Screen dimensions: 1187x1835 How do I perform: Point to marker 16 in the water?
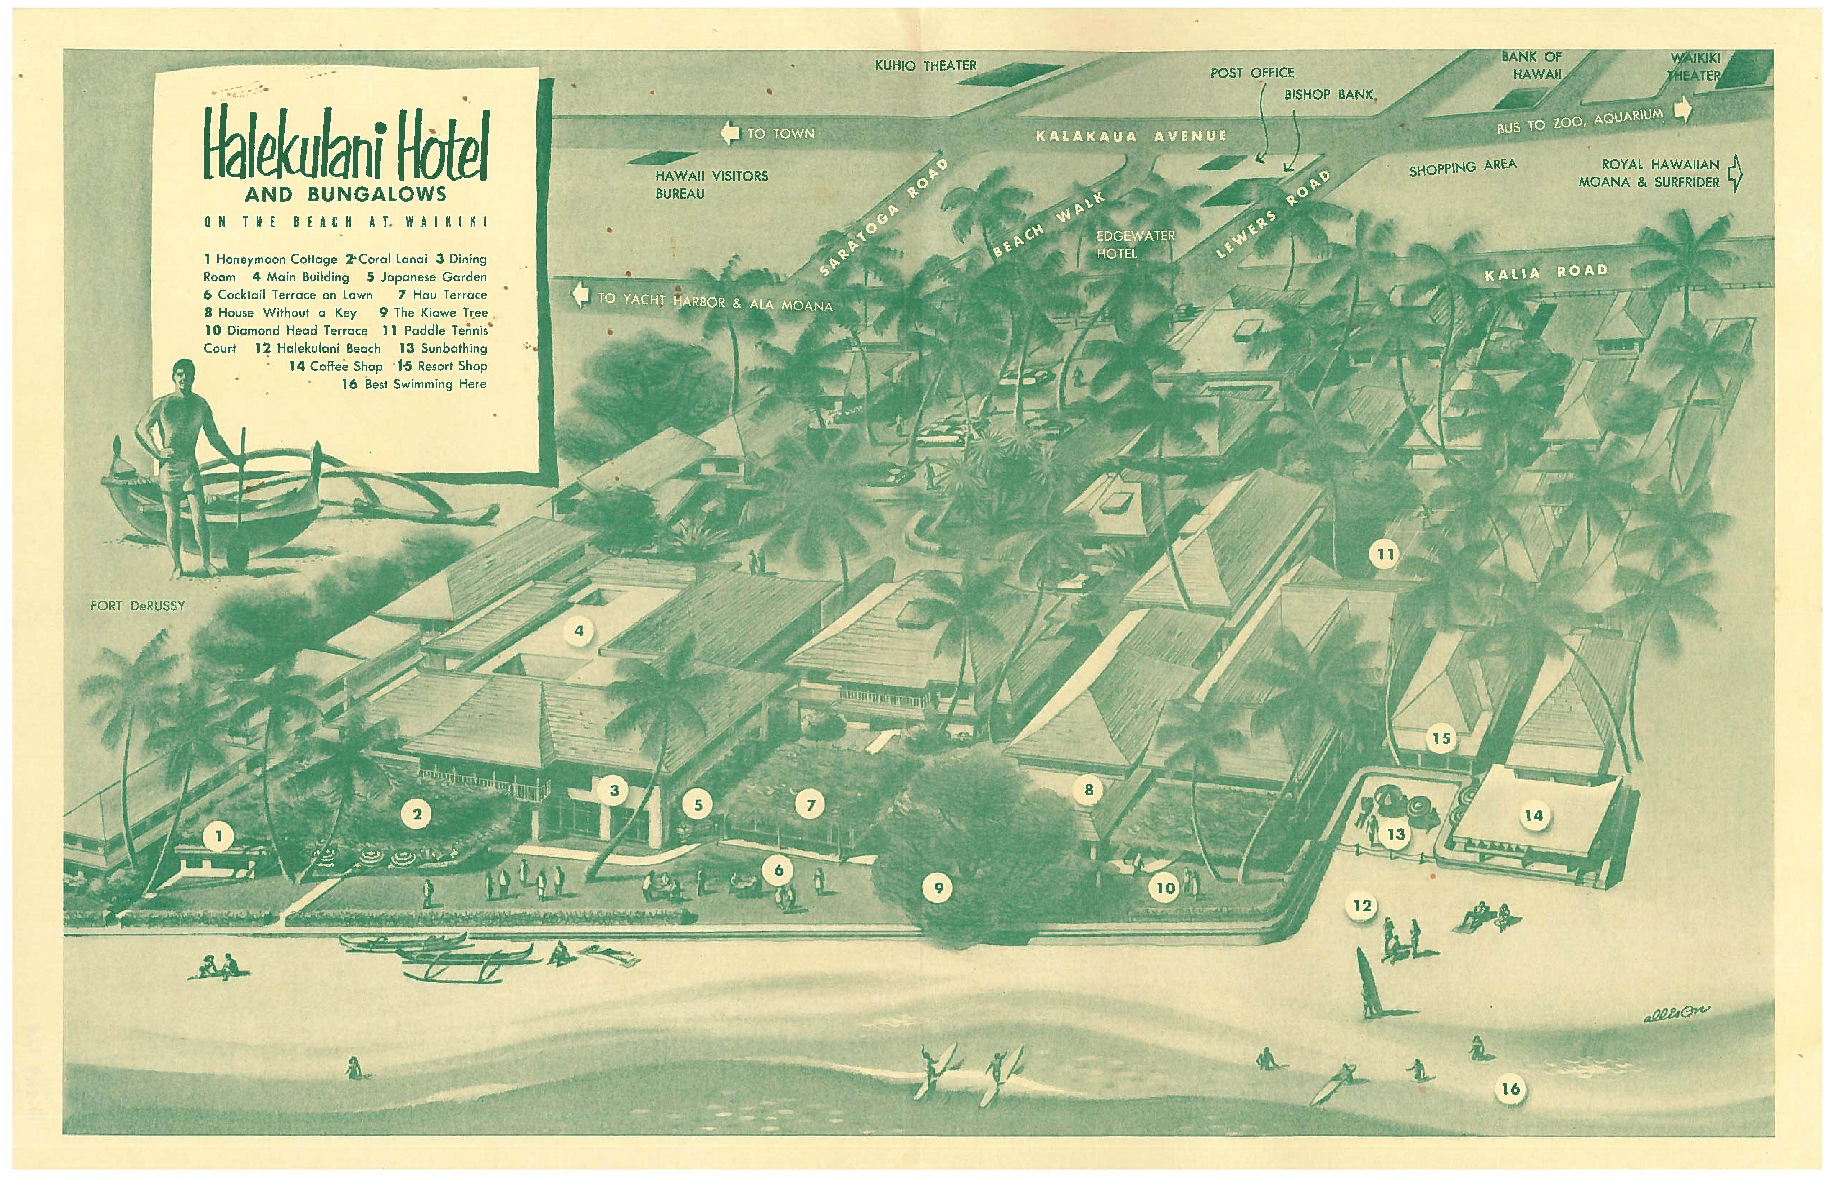point(1510,1088)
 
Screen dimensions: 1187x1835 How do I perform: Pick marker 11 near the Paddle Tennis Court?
point(1386,554)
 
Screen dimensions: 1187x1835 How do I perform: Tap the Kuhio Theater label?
point(925,65)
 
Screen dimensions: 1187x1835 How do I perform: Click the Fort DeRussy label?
point(138,606)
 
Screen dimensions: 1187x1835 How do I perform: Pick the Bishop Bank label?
point(1328,95)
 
